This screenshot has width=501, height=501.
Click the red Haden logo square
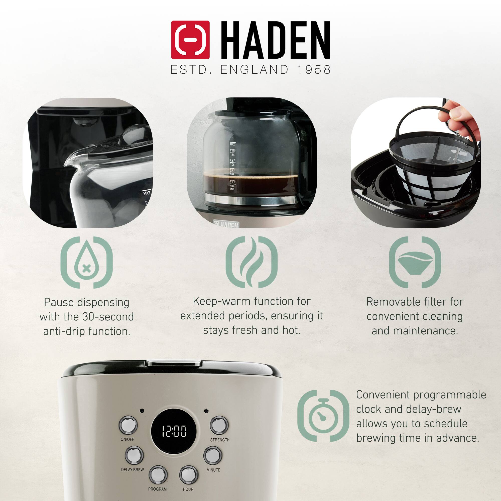(190, 40)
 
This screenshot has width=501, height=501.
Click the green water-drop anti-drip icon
(86, 262)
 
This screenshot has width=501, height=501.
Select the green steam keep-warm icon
(251, 262)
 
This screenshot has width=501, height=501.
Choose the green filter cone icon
(415, 262)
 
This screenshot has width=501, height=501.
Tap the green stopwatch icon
(323, 419)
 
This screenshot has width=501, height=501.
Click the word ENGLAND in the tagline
(254, 69)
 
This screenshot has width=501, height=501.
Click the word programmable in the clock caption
(450, 395)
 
